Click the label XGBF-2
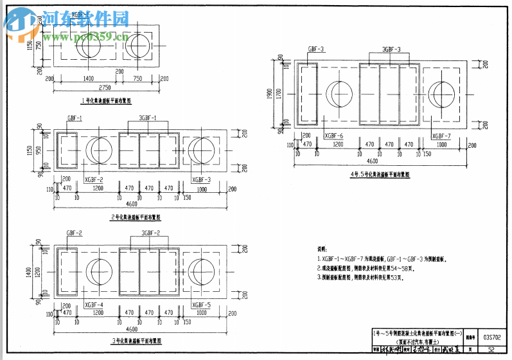click(94, 181)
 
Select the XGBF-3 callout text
click(201, 181)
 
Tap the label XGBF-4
click(94, 304)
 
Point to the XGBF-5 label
click(201, 304)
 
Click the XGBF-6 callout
click(333, 136)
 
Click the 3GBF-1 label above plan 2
click(148, 118)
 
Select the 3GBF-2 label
click(150, 233)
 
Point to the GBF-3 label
click(316, 49)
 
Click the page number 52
click(491, 350)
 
